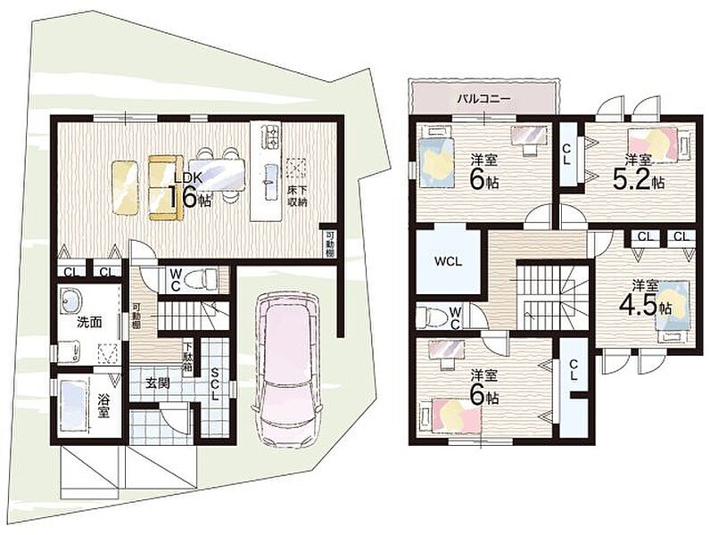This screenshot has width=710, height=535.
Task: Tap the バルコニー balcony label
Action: [483, 98]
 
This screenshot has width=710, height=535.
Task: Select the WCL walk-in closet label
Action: [448, 261]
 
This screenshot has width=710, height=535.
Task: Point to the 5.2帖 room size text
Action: [639, 180]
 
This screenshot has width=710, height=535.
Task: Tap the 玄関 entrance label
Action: [158, 383]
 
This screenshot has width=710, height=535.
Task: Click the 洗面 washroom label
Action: [89, 322]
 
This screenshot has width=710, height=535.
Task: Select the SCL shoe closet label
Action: [215, 383]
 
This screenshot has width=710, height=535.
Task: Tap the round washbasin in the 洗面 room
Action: [72, 300]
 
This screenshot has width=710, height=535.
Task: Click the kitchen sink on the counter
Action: [270, 181]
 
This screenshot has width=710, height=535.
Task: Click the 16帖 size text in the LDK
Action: [189, 196]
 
